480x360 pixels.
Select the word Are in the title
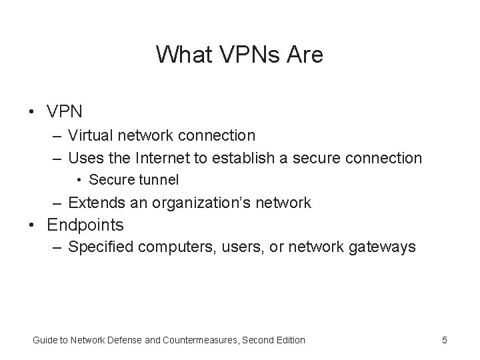304,54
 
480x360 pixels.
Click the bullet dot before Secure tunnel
79,179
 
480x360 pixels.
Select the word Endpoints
85,225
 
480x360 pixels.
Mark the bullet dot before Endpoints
32,225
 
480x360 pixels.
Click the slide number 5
444,340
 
